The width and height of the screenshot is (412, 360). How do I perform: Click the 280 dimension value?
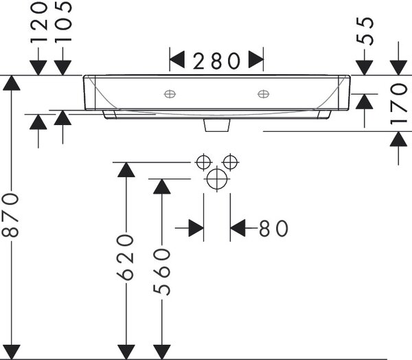(216, 61)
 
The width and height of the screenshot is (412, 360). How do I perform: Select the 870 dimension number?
(10, 215)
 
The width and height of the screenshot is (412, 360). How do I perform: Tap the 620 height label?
(126, 258)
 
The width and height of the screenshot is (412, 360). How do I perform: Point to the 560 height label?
(161, 272)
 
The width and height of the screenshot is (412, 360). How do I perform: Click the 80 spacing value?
(273, 228)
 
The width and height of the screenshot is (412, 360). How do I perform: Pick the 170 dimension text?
(398, 104)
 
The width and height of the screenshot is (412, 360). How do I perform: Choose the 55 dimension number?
(365, 31)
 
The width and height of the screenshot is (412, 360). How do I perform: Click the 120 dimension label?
(39, 22)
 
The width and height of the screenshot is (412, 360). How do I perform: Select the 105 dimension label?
(63, 21)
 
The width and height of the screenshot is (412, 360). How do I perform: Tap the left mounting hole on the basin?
(170, 94)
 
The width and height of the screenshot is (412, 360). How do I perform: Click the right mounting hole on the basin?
(263, 94)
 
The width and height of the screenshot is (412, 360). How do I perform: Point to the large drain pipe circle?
(217, 179)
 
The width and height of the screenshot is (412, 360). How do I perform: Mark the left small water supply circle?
(203, 162)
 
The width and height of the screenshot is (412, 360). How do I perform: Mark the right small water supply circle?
(230, 162)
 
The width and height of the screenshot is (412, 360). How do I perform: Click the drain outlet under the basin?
(217, 125)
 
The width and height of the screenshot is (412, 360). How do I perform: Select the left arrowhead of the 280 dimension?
(177, 60)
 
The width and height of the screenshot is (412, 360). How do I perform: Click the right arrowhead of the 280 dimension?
(256, 60)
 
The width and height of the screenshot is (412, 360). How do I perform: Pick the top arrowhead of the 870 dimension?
(11, 83)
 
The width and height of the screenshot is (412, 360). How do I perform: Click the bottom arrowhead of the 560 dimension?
(162, 352)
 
